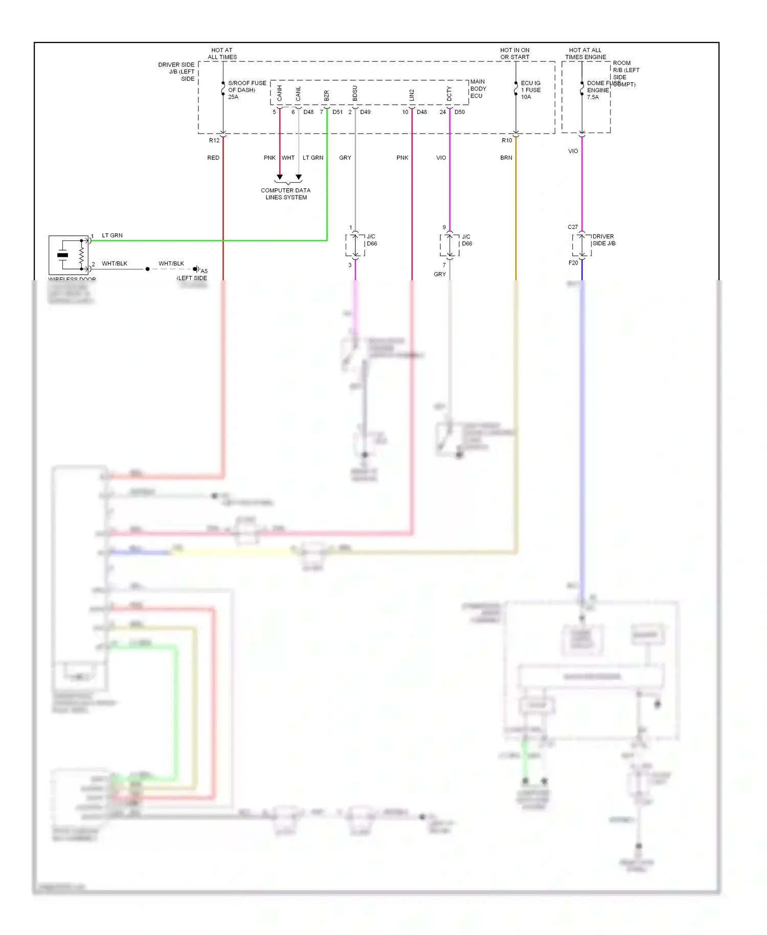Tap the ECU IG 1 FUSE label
(530, 90)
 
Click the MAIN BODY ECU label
(478, 88)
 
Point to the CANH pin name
(280, 93)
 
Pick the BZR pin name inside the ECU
(327, 95)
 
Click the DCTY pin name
(449, 94)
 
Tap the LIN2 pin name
(412, 95)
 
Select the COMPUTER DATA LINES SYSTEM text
(286, 193)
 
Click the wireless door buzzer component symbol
(69, 255)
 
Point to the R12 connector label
(214, 140)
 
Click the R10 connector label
(506, 140)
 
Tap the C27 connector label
(572, 227)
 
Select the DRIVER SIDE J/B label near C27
(603, 240)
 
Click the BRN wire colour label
(506, 158)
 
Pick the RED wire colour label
(213, 158)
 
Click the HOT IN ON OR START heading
(514, 54)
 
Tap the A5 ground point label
(204, 271)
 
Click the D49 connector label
(365, 112)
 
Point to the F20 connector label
(573, 263)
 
